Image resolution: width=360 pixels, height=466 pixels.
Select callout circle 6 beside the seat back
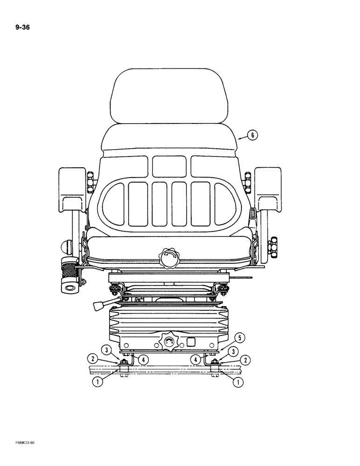(252, 135)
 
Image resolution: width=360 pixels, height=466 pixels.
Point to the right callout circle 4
(196, 359)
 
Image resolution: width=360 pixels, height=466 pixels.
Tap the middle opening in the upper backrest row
(168, 165)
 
